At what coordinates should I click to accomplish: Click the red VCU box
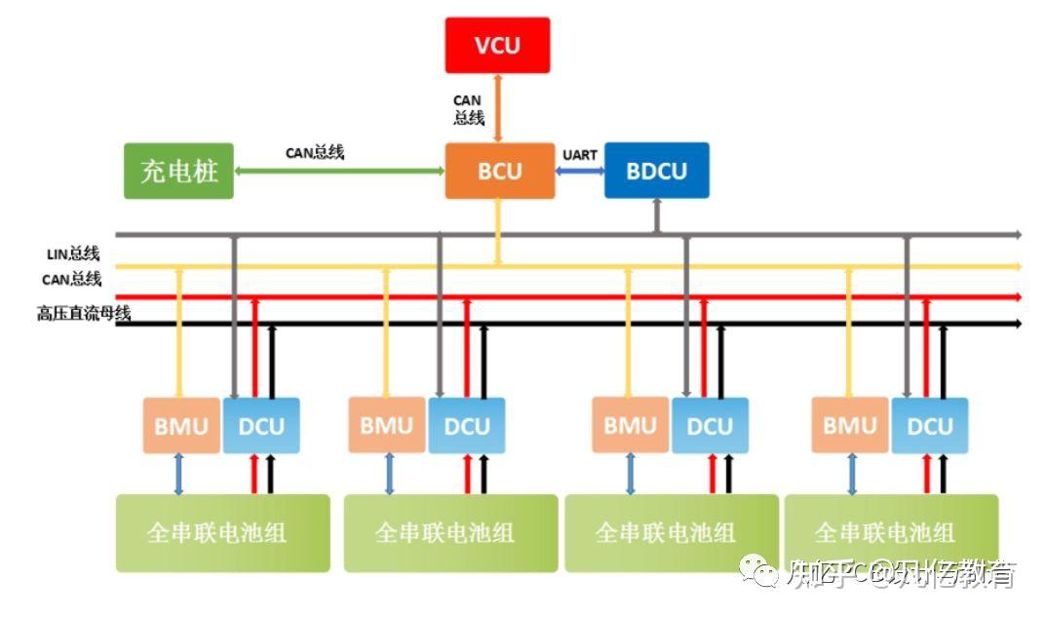point(497,45)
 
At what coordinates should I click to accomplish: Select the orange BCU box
point(500,172)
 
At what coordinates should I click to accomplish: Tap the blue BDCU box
point(656,172)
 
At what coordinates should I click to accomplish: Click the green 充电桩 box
point(179,172)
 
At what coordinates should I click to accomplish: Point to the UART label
point(579,155)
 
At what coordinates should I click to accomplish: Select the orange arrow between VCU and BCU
point(498,107)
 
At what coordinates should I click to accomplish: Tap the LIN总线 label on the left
point(74,254)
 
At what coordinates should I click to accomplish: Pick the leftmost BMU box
point(181,426)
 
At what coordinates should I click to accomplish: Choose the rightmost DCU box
point(929,426)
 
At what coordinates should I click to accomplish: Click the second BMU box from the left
point(387,426)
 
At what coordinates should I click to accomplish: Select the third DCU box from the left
point(710,426)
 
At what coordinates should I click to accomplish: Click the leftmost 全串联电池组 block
point(222,532)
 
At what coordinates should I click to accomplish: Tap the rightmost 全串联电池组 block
point(890,532)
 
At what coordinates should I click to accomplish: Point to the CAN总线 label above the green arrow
point(314,153)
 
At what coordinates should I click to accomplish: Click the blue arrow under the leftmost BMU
point(179,474)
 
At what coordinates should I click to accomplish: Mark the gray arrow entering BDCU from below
point(656,216)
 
